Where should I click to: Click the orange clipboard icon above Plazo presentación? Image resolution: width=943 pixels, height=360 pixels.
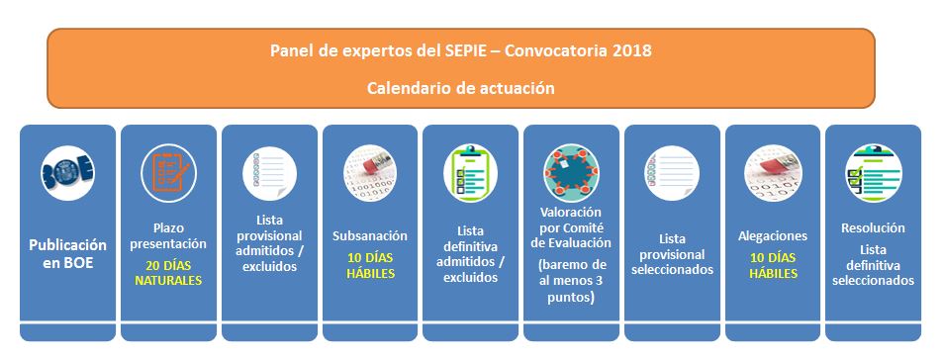[168, 171]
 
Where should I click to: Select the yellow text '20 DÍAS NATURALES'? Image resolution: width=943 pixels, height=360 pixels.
[168, 272]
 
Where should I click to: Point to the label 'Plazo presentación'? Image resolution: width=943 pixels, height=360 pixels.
[168, 235]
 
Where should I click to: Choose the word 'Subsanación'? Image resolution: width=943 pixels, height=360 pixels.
[370, 236]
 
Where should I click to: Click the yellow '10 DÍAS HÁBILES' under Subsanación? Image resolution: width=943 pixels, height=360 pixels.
[370, 265]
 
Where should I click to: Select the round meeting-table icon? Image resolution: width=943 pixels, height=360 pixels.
[571, 170]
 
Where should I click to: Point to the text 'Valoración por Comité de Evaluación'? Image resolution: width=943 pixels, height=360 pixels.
[571, 226]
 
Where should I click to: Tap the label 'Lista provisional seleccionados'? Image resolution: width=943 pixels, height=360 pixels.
[672, 254]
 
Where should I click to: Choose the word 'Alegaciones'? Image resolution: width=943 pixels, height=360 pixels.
[773, 236]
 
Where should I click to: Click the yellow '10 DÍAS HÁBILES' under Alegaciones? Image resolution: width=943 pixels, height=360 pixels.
[773, 265]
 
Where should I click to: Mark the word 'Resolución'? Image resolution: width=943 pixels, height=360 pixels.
[873, 227]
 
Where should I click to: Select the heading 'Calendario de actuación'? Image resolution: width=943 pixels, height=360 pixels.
[460, 88]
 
